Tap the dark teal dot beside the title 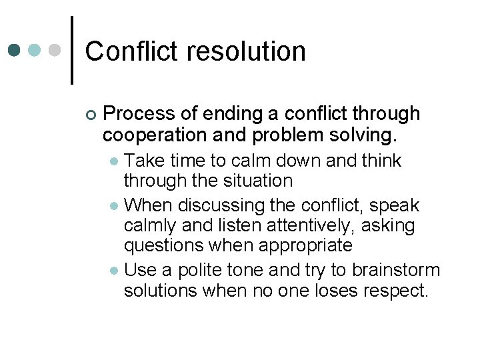(x=14, y=50)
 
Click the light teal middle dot (x=35, y=50)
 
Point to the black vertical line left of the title (x=71, y=50)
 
